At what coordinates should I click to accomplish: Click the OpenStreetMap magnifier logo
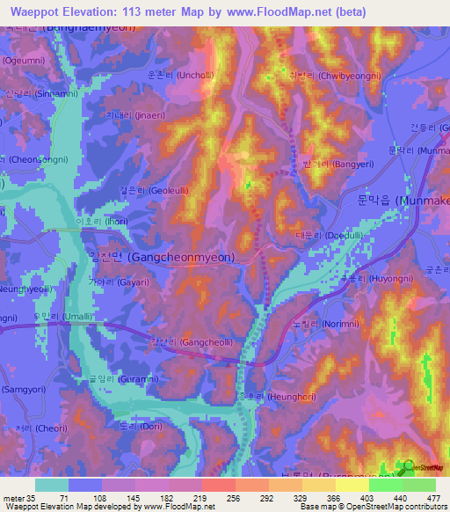point(408,467)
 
